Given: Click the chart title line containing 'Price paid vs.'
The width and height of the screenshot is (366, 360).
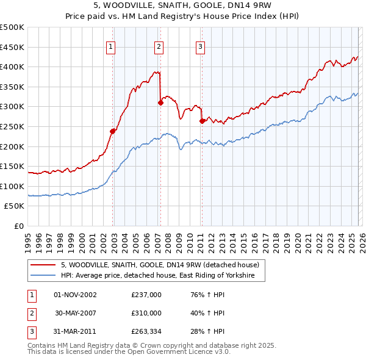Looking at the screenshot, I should pos(182,17).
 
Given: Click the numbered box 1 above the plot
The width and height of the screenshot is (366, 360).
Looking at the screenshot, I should pos(110,46).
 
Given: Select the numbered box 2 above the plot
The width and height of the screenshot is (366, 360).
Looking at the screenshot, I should pos(159,46).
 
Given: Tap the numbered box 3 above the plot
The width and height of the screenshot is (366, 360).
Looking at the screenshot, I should pos(200,46).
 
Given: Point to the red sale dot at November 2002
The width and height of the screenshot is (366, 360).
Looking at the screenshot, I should pos(113,131).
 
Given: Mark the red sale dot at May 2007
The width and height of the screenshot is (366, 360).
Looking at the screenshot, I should pos(161,103).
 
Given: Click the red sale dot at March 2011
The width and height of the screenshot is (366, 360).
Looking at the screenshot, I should pos(202,121).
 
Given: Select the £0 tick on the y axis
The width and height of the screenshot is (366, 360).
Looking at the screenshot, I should pos(19,226).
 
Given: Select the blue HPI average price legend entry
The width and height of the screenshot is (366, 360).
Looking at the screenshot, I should pos(162,276).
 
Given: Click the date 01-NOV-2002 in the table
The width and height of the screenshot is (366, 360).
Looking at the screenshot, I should pos(75,295).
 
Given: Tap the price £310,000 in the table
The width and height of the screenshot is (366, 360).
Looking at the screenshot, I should pos(146,313).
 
